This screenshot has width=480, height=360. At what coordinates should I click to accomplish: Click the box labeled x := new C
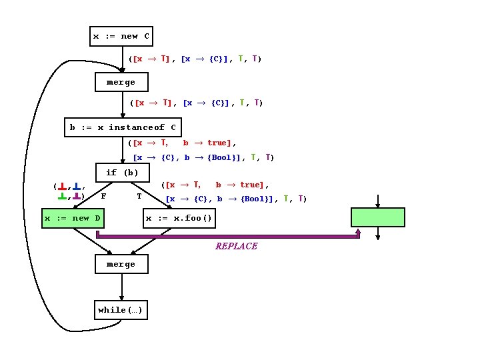coord(121,36)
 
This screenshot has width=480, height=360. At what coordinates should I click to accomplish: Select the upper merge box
coord(121,82)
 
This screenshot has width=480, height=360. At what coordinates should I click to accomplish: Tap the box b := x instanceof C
coord(123,127)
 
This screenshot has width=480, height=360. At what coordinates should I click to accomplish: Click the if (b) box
coord(122,173)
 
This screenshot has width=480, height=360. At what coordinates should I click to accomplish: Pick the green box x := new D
coord(72,218)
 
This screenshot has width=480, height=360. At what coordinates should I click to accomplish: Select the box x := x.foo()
coord(179,218)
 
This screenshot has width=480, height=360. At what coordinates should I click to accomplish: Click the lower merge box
coord(121,264)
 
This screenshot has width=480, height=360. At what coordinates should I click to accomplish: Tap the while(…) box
coord(121,310)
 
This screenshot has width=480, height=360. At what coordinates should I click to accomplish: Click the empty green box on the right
coord(378,218)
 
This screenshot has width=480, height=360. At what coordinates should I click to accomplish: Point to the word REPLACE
coord(236,246)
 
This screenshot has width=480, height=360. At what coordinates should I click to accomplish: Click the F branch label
coord(103,196)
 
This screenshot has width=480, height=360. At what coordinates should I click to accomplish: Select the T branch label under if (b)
coord(139,196)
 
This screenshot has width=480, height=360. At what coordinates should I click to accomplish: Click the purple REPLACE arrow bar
coord(227,235)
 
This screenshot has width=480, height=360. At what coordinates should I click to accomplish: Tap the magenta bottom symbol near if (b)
coord(77,197)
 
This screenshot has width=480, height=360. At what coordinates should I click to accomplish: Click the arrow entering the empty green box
coord(378,201)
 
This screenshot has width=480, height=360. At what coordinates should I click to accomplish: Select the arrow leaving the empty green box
coord(378,233)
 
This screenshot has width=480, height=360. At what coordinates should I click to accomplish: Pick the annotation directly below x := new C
coord(195,59)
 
